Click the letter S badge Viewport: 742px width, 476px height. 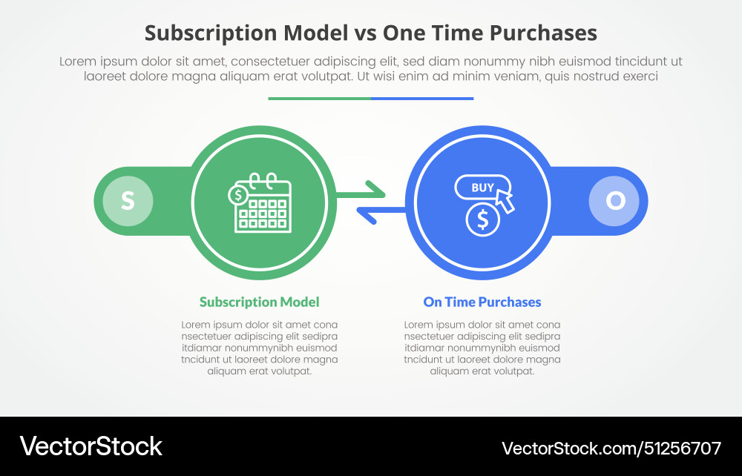click(128, 201)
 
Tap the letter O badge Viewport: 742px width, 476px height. click(615, 201)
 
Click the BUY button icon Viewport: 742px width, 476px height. click(482, 187)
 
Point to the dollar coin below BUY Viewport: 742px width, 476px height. click(483, 220)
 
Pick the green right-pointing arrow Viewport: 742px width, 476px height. click(361, 192)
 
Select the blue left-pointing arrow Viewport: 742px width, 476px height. click(381, 214)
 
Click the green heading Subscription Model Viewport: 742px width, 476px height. click(259, 302)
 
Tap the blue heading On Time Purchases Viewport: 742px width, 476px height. click(482, 302)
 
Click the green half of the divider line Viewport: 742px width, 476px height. click(319, 98)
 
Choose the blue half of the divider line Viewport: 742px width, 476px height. click(422, 98)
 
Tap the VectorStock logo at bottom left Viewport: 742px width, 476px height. click(91, 446)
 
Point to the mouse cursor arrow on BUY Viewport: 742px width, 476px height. click(505, 199)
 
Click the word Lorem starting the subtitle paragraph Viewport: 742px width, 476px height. click(77, 62)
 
